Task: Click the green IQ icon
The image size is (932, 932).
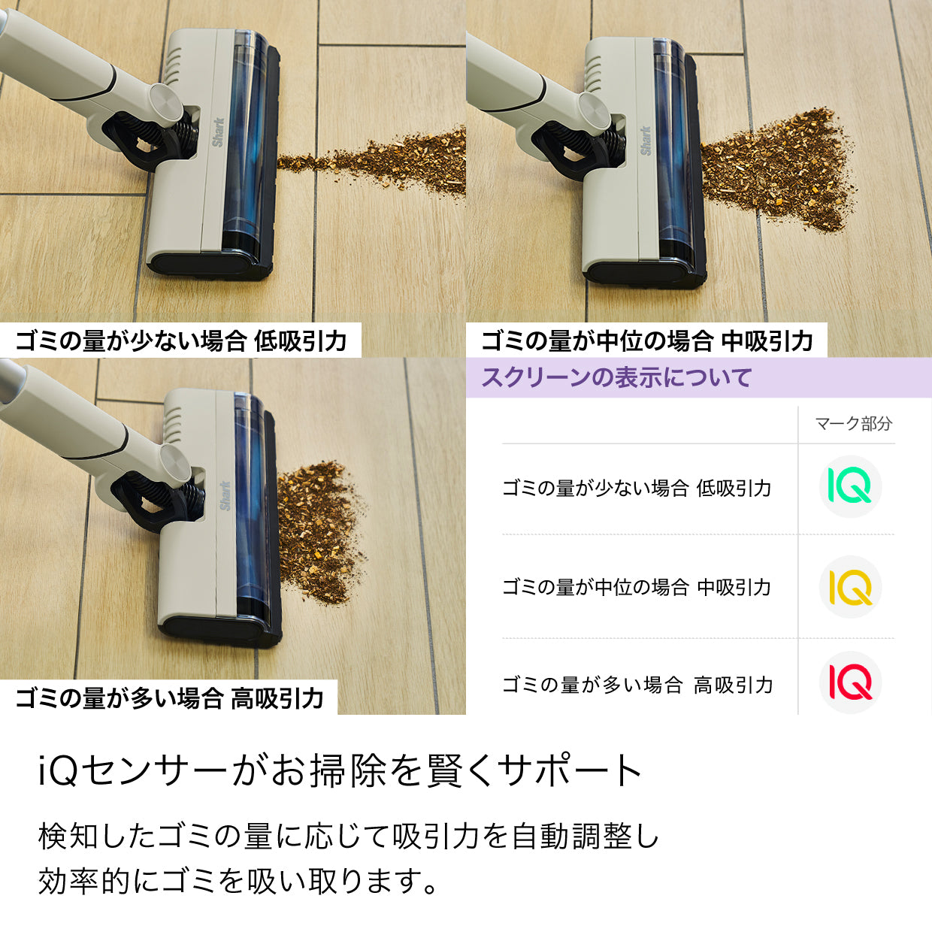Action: click(850, 486)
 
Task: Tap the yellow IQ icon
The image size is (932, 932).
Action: click(850, 587)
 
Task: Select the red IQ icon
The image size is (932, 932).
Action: click(850, 682)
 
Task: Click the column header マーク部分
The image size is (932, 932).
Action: click(854, 424)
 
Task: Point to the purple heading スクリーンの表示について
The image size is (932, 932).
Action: click(616, 377)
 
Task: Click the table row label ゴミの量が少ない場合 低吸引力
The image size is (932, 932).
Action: click(637, 488)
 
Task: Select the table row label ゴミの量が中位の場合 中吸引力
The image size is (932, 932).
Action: click(637, 587)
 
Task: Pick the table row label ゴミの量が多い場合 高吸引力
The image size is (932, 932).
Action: click(637, 685)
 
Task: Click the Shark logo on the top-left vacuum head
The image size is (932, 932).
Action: click(218, 132)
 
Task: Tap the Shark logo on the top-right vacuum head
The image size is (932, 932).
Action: click(645, 141)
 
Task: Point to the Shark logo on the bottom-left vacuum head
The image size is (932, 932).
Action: click(225, 496)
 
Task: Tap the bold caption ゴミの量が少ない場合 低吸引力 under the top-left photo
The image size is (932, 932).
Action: click(181, 340)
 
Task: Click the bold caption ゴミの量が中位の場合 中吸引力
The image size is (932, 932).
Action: click(646, 340)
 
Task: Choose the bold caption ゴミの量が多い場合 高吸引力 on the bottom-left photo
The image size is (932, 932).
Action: click(169, 697)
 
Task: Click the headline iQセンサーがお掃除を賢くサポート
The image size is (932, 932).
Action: click(340, 770)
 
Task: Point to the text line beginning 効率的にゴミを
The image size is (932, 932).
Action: click(238, 881)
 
